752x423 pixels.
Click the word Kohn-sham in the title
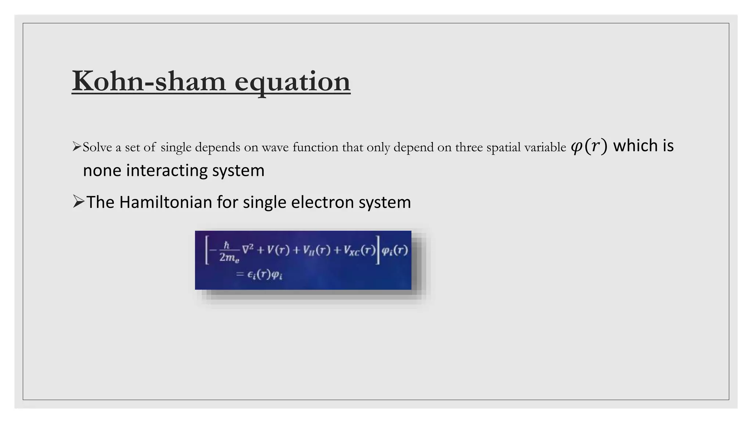point(148,81)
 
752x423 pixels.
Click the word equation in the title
point(292,82)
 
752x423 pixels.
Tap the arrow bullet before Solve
point(76,147)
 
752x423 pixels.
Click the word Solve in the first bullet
point(97,147)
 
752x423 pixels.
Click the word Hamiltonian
point(166,202)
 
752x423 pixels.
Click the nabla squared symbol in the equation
point(247,250)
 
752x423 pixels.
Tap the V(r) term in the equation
point(278,250)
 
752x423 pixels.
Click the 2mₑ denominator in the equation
point(229,258)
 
